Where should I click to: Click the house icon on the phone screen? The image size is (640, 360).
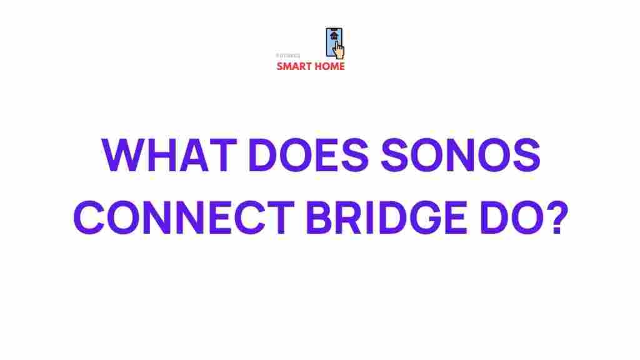click(334, 36)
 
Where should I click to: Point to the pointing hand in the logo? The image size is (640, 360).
click(339, 49)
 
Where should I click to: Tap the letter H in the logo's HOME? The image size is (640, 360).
click(317, 66)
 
